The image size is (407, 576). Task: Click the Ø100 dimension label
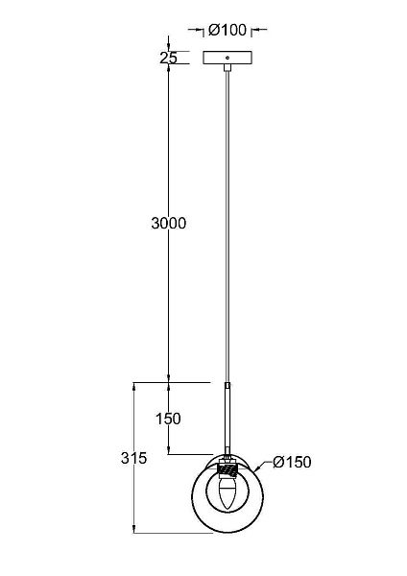(x=227, y=30)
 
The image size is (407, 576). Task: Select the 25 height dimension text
(x=168, y=58)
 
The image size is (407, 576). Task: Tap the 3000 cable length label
(x=169, y=223)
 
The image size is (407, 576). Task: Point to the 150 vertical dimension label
(x=169, y=419)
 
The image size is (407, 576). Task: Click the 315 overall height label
(x=133, y=458)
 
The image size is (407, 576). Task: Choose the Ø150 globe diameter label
(x=292, y=462)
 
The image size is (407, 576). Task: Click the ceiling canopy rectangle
(x=227, y=58)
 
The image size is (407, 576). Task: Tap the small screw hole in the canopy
(x=227, y=58)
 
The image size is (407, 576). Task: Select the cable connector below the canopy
(x=227, y=68)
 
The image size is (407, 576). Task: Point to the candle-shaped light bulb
(x=227, y=492)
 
